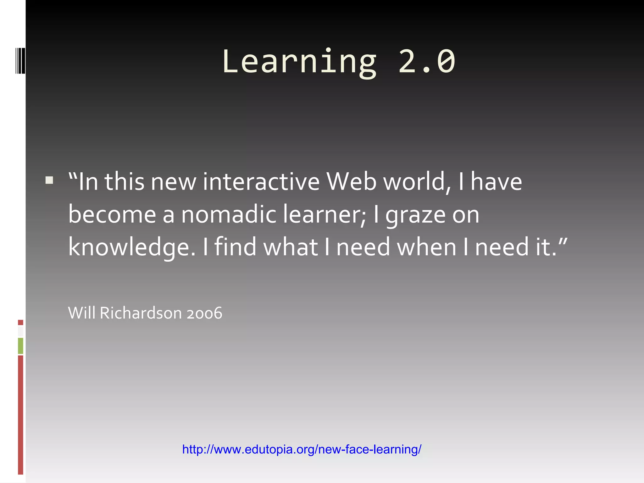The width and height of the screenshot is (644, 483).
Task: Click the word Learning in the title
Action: (x=299, y=62)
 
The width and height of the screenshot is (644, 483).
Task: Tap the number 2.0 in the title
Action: (x=427, y=62)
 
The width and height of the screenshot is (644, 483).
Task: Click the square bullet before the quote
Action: (x=49, y=180)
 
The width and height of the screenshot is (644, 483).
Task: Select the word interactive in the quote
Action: (x=261, y=182)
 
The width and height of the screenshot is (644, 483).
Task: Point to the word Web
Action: (x=352, y=182)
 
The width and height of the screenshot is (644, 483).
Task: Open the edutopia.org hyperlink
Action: (x=302, y=449)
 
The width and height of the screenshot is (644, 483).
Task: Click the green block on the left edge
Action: (x=20, y=346)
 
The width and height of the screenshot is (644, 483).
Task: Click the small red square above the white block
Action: (x=20, y=322)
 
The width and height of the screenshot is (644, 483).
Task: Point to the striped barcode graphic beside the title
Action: (x=20, y=60)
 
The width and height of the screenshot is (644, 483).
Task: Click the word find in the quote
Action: (x=236, y=247)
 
